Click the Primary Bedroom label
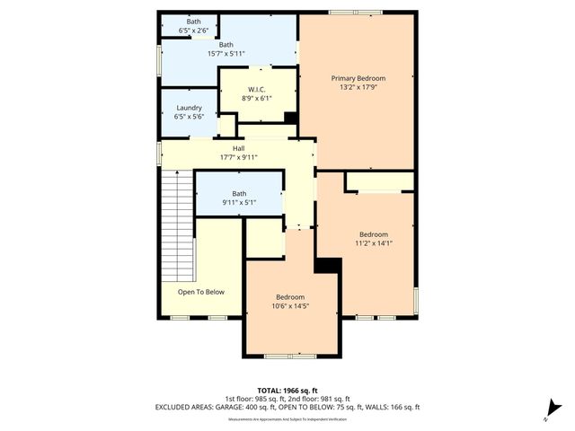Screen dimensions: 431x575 [356, 78]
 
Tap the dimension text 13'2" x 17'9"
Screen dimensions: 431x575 [356, 88]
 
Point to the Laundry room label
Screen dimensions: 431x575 [189, 108]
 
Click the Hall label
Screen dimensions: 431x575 [238, 148]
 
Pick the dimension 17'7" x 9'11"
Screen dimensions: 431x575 [238, 157]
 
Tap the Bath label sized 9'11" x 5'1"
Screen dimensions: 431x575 [239, 193]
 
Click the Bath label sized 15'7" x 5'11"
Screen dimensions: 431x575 [226, 44]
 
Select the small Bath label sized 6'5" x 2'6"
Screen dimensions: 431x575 [194, 21]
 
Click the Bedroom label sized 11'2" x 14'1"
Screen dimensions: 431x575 [374, 233]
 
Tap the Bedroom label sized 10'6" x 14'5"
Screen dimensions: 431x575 [290, 297]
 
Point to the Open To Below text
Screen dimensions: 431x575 [200, 292]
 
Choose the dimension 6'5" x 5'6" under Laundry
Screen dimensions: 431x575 [189, 117]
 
